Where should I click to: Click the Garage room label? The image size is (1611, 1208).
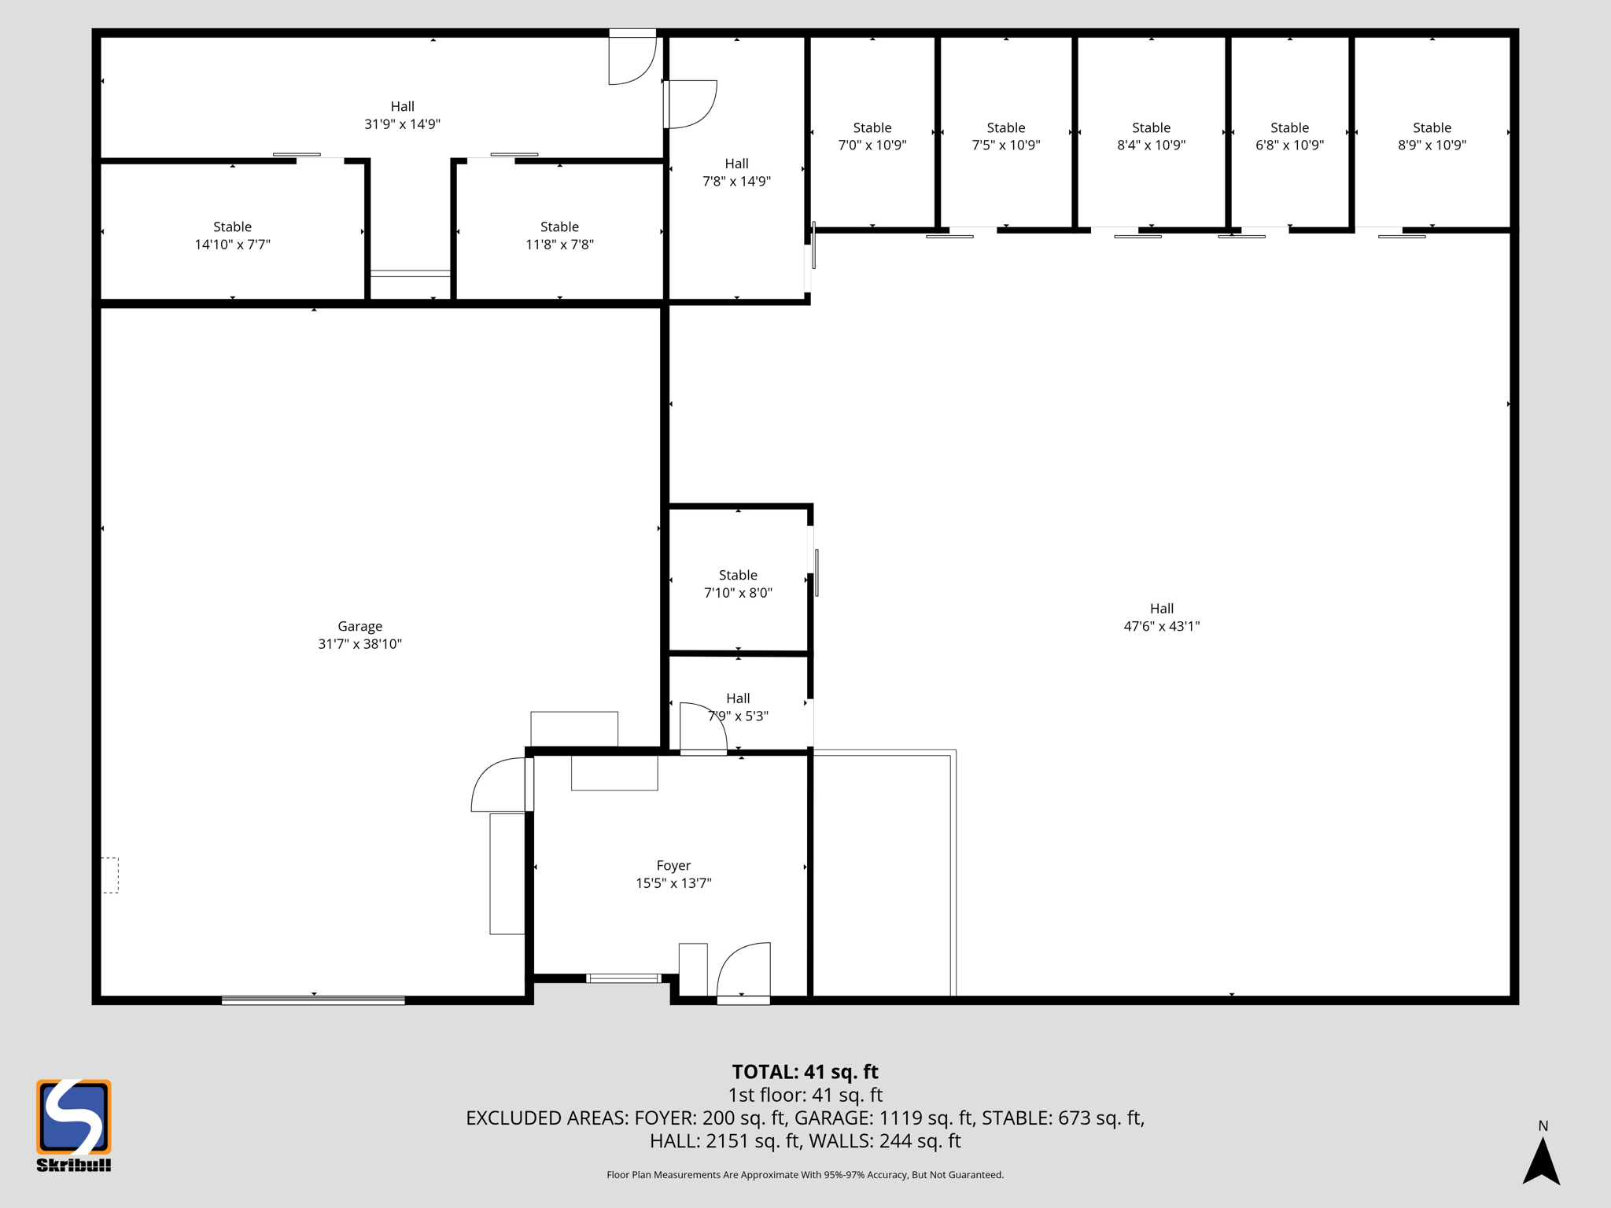(x=359, y=627)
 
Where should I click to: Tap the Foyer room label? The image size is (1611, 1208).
(x=673, y=866)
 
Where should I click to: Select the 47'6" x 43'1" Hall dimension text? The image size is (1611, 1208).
(x=1161, y=627)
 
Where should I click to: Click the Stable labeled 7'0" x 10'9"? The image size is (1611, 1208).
(x=872, y=136)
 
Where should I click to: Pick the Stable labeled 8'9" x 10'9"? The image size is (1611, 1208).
(x=1432, y=136)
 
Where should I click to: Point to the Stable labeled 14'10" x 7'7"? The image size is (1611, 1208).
(x=232, y=235)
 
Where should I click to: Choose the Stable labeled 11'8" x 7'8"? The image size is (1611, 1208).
(x=559, y=235)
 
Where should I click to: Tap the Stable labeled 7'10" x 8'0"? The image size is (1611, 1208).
(x=738, y=584)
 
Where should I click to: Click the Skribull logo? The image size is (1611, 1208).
(x=74, y=1125)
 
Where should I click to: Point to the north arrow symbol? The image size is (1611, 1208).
(x=1541, y=1160)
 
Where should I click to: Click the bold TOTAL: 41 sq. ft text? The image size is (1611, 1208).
(x=805, y=1072)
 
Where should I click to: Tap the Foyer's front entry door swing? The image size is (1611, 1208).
(x=743, y=971)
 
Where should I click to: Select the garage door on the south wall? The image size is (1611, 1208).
(x=313, y=1000)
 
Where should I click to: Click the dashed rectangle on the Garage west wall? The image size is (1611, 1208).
(x=110, y=875)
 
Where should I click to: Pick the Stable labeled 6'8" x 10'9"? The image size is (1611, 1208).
(x=1289, y=136)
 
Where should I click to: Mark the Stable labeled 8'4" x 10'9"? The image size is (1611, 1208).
(x=1151, y=136)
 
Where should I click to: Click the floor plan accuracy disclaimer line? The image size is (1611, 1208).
(x=805, y=1175)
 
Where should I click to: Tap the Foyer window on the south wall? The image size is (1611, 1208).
(x=623, y=978)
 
